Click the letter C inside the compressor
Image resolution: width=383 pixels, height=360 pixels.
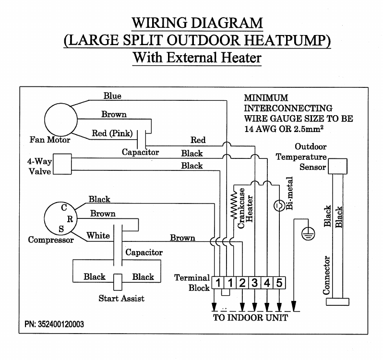tap(63, 207)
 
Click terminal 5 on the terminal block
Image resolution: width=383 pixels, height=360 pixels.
tap(279, 282)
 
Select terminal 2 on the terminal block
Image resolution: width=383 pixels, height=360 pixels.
tap(242, 282)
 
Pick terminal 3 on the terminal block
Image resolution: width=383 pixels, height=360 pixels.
tap(255, 282)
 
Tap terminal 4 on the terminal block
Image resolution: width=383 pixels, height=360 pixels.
tap(267, 282)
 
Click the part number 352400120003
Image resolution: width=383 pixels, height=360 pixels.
tap(54, 324)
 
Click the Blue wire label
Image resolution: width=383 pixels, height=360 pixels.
tap(112, 96)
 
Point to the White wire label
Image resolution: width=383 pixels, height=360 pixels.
tap(98, 236)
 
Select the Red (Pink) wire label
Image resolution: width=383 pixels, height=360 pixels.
tap(108, 133)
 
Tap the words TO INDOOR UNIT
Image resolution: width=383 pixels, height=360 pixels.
tap(251, 318)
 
